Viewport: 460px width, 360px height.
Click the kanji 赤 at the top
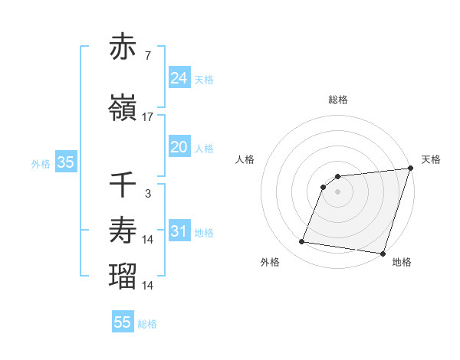click(123, 47)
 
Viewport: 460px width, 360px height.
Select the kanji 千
click(123, 184)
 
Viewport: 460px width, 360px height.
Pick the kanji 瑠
click(123, 275)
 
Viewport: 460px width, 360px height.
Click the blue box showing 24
click(179, 77)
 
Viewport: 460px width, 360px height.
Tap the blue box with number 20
click(179, 147)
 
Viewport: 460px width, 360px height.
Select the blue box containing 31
click(179, 231)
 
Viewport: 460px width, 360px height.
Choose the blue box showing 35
click(65, 162)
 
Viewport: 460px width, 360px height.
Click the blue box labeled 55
click(123, 322)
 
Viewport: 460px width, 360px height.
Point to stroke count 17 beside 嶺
click(148, 117)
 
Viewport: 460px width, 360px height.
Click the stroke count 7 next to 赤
click(148, 57)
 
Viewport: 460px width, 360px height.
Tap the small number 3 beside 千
click(148, 194)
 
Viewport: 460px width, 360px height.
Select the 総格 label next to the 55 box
click(147, 324)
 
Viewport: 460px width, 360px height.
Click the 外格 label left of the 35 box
click(41, 164)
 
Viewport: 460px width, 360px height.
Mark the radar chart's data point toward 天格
click(410, 169)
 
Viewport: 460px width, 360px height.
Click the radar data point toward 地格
click(382, 254)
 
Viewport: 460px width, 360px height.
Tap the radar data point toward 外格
click(302, 242)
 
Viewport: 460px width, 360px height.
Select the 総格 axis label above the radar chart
click(338, 100)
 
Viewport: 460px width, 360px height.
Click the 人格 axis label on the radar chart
click(245, 159)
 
